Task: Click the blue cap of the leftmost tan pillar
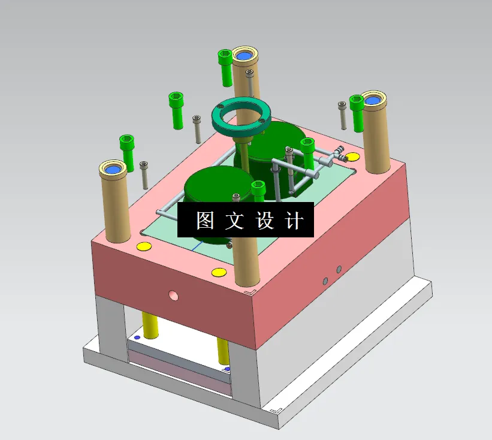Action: pyautogui.click(x=112, y=170)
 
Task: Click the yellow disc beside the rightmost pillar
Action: pyautogui.click(x=352, y=157)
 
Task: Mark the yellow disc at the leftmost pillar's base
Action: pyautogui.click(x=143, y=246)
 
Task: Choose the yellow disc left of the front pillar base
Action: pyautogui.click(x=219, y=273)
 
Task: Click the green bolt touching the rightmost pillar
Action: pyautogui.click(x=357, y=114)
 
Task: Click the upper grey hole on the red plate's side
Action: pyautogui.click(x=339, y=269)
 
